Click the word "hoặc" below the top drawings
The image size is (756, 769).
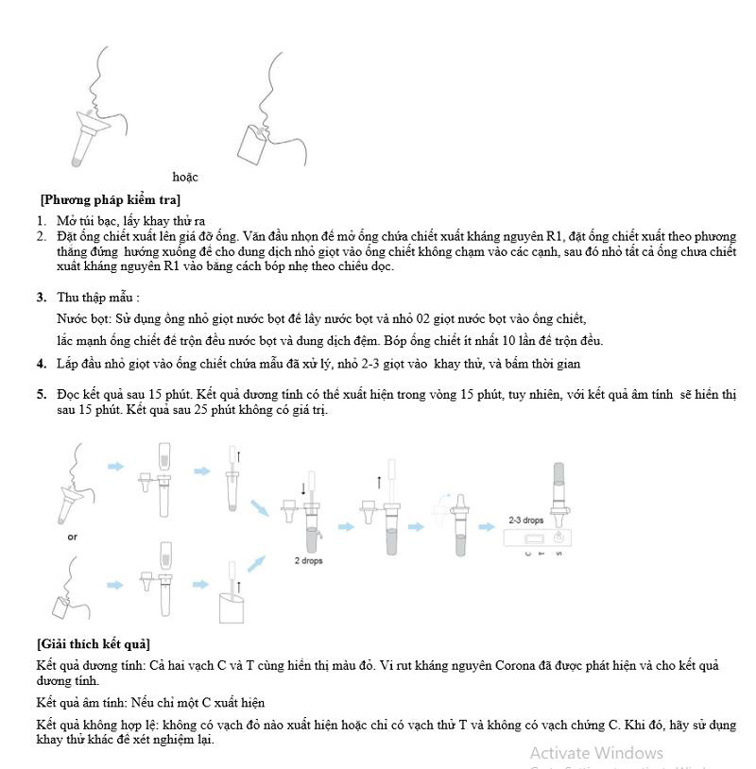(185, 177)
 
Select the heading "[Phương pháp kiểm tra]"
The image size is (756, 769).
(110, 199)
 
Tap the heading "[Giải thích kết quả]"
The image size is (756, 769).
(94, 644)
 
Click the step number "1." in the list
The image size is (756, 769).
(42, 221)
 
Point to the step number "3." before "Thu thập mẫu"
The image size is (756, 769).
(42, 298)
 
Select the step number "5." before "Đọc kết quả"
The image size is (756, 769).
(42, 394)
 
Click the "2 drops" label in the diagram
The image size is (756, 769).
(309, 560)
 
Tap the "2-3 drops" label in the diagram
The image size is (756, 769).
(526, 521)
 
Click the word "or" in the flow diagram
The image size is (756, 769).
(73, 537)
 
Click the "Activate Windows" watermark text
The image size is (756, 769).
(596, 753)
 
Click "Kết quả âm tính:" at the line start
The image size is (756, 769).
(82, 703)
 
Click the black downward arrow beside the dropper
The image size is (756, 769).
(303, 487)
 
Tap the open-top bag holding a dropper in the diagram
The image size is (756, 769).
(232, 605)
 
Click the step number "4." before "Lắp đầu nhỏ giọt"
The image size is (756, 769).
(42, 364)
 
